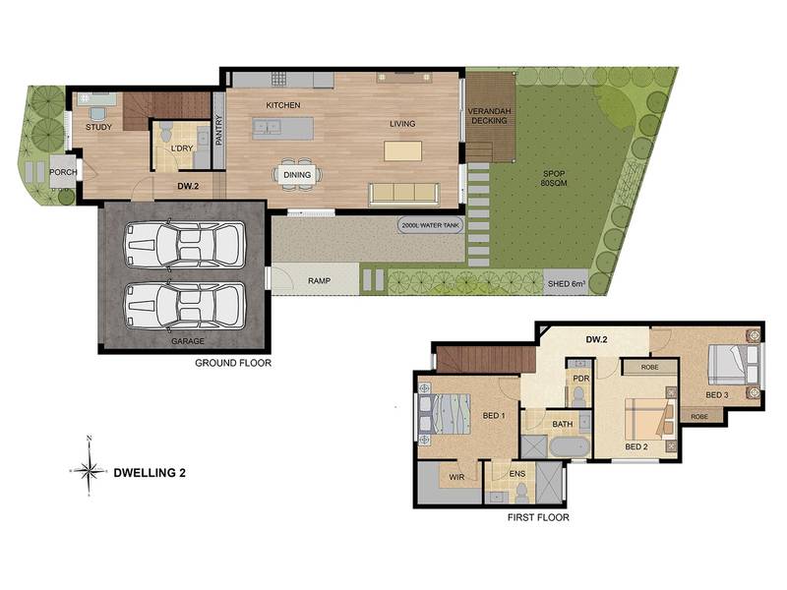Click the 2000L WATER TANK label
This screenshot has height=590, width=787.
click(431, 226)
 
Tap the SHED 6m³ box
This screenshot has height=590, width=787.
click(566, 283)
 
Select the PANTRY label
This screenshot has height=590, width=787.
click(218, 131)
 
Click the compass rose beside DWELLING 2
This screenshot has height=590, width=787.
click(89, 470)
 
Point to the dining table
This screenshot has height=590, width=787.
click(298, 175)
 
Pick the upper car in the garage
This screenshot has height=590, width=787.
click(185, 244)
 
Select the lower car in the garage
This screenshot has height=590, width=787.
click(185, 306)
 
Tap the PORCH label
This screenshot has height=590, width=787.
click(63, 172)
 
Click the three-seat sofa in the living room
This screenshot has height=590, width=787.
click(403, 194)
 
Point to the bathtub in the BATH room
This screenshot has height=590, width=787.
click(570, 446)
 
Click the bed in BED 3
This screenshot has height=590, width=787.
click(733, 364)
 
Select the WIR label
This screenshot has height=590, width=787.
click(456, 477)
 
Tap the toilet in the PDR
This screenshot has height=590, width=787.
click(579, 396)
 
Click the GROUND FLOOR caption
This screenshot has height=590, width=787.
click(233, 363)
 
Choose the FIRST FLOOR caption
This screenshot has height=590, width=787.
click(538, 517)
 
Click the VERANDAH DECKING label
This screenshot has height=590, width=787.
click(489, 116)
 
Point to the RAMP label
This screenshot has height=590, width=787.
click(319, 281)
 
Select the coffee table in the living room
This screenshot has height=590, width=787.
click(403, 151)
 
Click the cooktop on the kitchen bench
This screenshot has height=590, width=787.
click(279, 79)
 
